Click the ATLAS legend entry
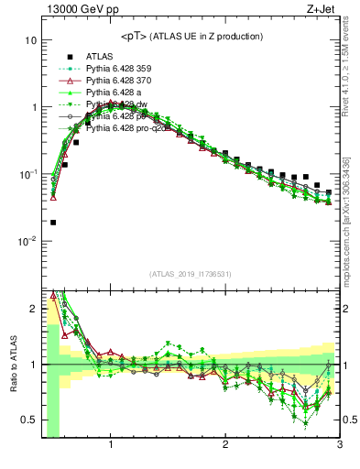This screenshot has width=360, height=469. click(99, 56)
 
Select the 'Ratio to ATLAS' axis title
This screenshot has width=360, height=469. click(12, 365)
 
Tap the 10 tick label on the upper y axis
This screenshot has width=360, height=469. click(30, 41)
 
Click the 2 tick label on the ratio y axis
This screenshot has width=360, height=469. click(33, 308)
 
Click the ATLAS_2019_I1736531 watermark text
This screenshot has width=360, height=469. click(191, 273)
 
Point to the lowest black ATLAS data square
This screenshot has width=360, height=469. click(53, 222)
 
